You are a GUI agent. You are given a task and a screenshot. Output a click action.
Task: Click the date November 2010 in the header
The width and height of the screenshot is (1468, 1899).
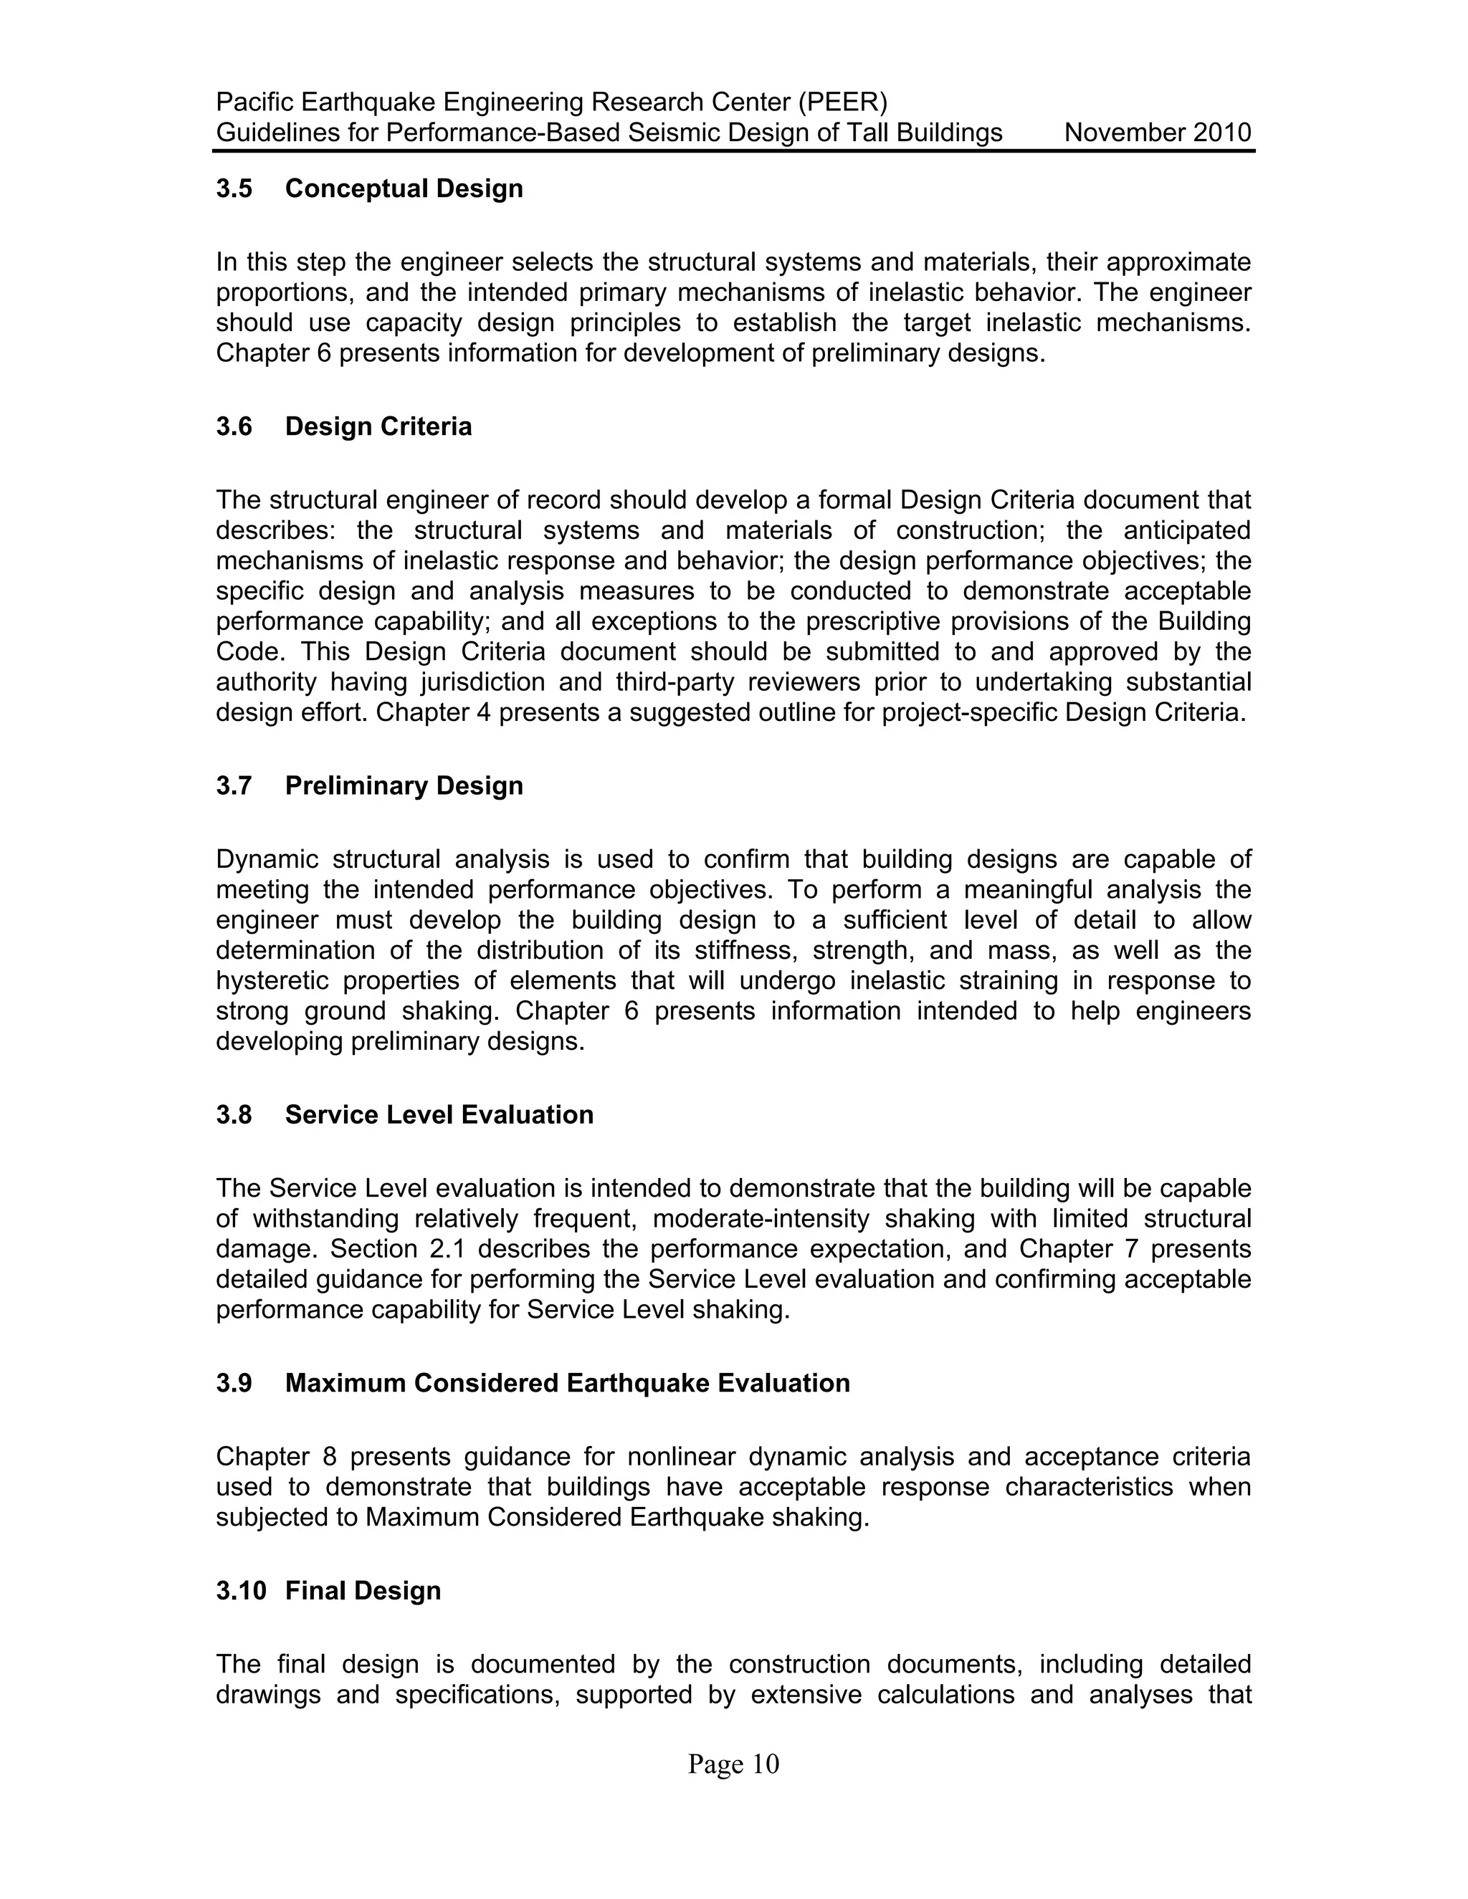(1157, 133)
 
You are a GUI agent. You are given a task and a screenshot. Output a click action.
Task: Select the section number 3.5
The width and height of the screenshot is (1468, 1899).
(234, 188)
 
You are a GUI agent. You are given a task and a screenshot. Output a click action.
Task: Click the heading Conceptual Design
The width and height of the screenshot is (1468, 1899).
(404, 188)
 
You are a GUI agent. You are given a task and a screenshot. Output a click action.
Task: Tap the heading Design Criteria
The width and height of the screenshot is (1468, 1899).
(378, 427)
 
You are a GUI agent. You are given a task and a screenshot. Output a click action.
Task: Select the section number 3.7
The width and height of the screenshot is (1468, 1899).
(234, 786)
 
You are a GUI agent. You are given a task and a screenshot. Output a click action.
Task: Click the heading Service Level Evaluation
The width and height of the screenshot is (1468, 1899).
(439, 1115)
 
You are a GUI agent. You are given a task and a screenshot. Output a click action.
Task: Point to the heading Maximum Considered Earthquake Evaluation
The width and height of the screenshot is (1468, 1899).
(567, 1383)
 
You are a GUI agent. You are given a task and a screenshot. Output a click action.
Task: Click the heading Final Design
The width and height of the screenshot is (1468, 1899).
(363, 1590)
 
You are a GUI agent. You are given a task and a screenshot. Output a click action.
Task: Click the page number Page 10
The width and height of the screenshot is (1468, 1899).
(733, 1764)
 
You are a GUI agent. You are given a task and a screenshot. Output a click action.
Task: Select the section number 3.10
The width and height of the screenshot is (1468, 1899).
(240, 1590)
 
